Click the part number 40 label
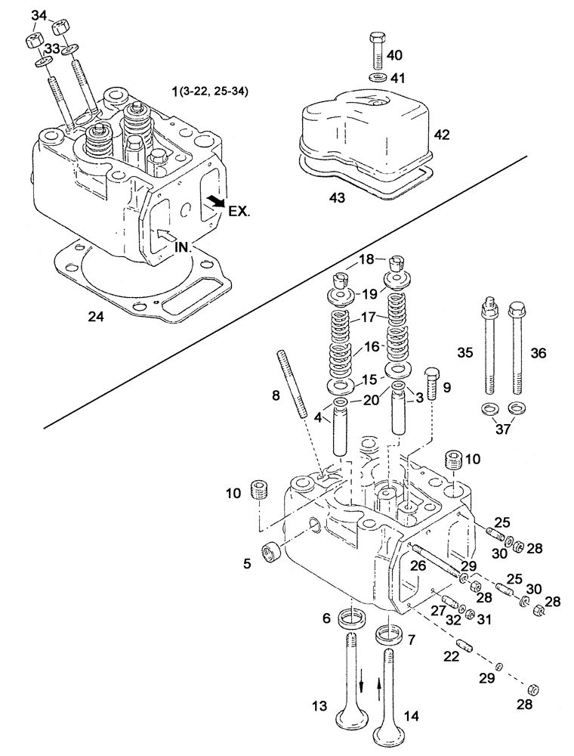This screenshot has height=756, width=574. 395,55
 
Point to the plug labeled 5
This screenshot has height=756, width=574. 269,553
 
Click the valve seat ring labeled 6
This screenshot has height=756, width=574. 348,618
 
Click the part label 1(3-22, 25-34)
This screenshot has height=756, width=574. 210,91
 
